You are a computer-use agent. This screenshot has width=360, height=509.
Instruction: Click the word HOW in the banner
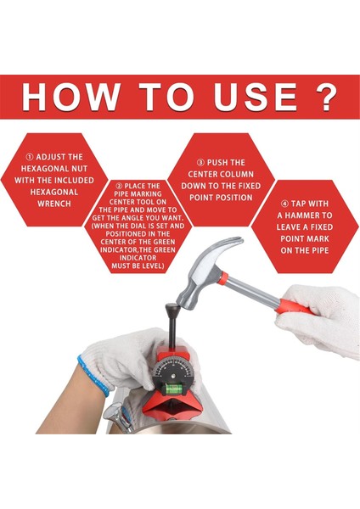coord(70,97)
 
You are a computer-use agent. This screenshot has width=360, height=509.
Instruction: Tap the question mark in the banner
coord(326,97)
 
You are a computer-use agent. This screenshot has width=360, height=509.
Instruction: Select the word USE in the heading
coord(256,97)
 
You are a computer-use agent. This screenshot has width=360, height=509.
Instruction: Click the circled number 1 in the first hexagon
coord(30,157)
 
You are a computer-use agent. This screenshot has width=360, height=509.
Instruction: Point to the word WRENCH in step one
coord(54,204)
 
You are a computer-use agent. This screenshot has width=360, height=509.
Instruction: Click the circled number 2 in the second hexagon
coord(119,186)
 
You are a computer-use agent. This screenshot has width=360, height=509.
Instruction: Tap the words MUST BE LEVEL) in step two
coord(138,266)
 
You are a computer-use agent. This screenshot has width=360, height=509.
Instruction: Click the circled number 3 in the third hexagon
coord(200,163)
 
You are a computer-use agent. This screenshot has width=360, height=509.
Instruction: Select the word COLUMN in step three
coord(236,174)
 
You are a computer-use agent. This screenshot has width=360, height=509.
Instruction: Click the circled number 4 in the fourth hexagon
coord(284,204)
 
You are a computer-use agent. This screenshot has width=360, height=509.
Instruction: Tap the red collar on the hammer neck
coord(223,278)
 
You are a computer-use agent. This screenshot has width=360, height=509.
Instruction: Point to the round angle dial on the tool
coord(173,372)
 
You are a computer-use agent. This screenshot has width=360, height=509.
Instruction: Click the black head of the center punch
coord(172,308)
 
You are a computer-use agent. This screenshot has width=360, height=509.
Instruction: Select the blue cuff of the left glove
coord(93,375)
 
